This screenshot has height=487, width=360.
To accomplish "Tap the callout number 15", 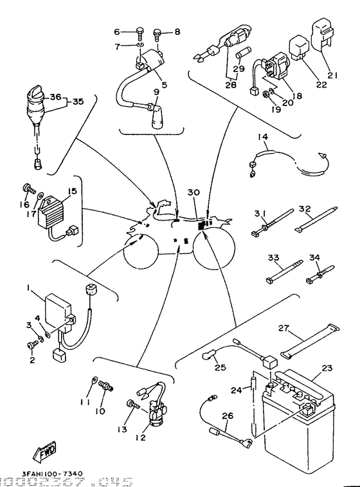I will (x=72, y=191).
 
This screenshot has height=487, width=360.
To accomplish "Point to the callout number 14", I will (x=263, y=137).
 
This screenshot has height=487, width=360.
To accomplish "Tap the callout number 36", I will (x=54, y=98).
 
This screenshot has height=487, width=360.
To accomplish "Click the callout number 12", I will (x=140, y=437).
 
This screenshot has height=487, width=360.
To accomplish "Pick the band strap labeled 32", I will (x=316, y=222).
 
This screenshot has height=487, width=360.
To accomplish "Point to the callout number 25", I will (x=221, y=368).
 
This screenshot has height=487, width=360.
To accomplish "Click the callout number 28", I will (x=231, y=84).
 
